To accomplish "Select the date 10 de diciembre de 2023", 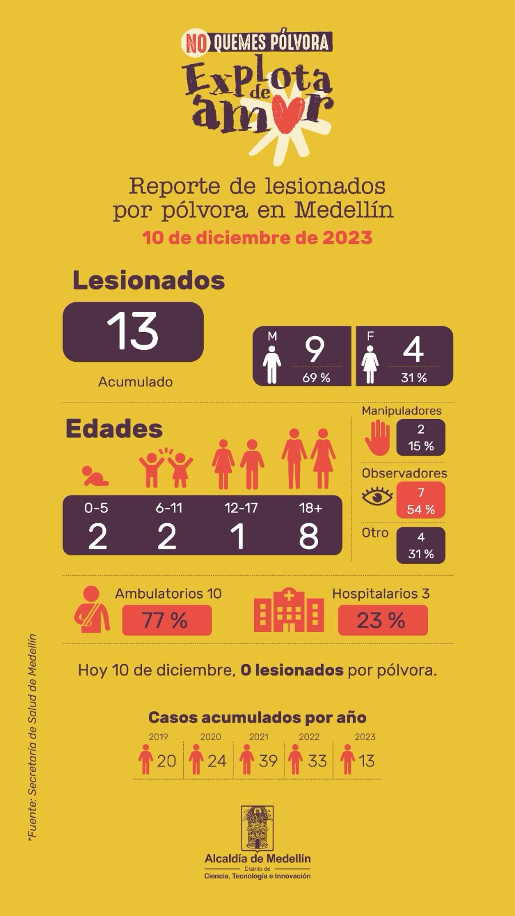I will pyautogui.click(x=257, y=238).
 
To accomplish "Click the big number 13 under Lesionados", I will pyautogui.click(x=133, y=332).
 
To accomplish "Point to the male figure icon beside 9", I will pyautogui.click(x=272, y=367).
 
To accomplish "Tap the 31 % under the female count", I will pyautogui.click(x=414, y=378).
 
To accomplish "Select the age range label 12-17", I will pyautogui.click(x=241, y=508).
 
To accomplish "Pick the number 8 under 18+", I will pyautogui.click(x=309, y=536).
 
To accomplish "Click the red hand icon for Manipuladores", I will pyautogui.click(x=377, y=438).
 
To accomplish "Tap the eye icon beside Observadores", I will pyautogui.click(x=377, y=496).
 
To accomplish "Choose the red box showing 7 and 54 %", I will pyautogui.click(x=421, y=500).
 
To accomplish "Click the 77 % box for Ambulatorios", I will pyautogui.click(x=167, y=620).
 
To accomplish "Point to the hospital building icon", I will pyautogui.click(x=289, y=611).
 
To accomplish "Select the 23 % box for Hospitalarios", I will pyautogui.click(x=382, y=620).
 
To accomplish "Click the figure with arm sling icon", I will pyautogui.click(x=92, y=610).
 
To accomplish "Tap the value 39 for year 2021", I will pyautogui.click(x=268, y=761).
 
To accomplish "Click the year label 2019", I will pyautogui.click(x=159, y=737).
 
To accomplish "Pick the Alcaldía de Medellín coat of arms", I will pyautogui.click(x=257, y=828).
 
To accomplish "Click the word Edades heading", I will pyautogui.click(x=114, y=429).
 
